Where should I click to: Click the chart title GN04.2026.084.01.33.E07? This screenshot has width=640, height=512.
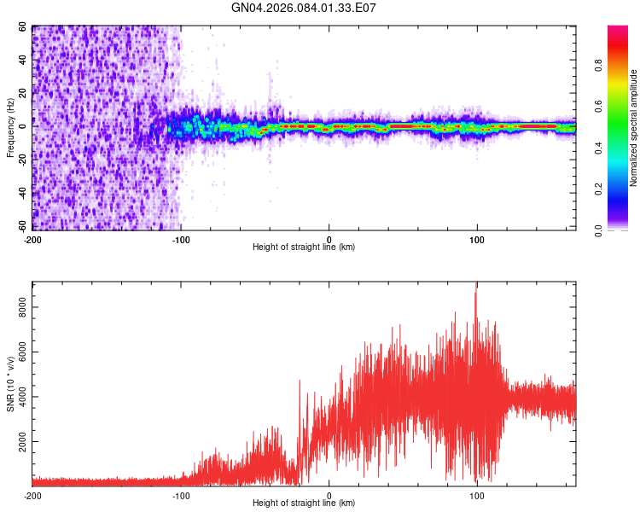pyautogui.click(x=304, y=8)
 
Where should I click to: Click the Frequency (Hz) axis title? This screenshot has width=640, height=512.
pyautogui.click(x=10, y=128)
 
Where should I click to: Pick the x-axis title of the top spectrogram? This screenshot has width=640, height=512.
pyautogui.click(x=304, y=247)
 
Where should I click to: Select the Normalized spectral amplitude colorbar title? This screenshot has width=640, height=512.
pyautogui.click(x=633, y=128)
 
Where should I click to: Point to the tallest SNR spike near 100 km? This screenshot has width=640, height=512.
pyautogui.click(x=476, y=285)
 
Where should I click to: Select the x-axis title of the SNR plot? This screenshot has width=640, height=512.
pyautogui.click(x=304, y=504)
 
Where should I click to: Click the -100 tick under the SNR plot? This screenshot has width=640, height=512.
pyautogui.click(x=181, y=495)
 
